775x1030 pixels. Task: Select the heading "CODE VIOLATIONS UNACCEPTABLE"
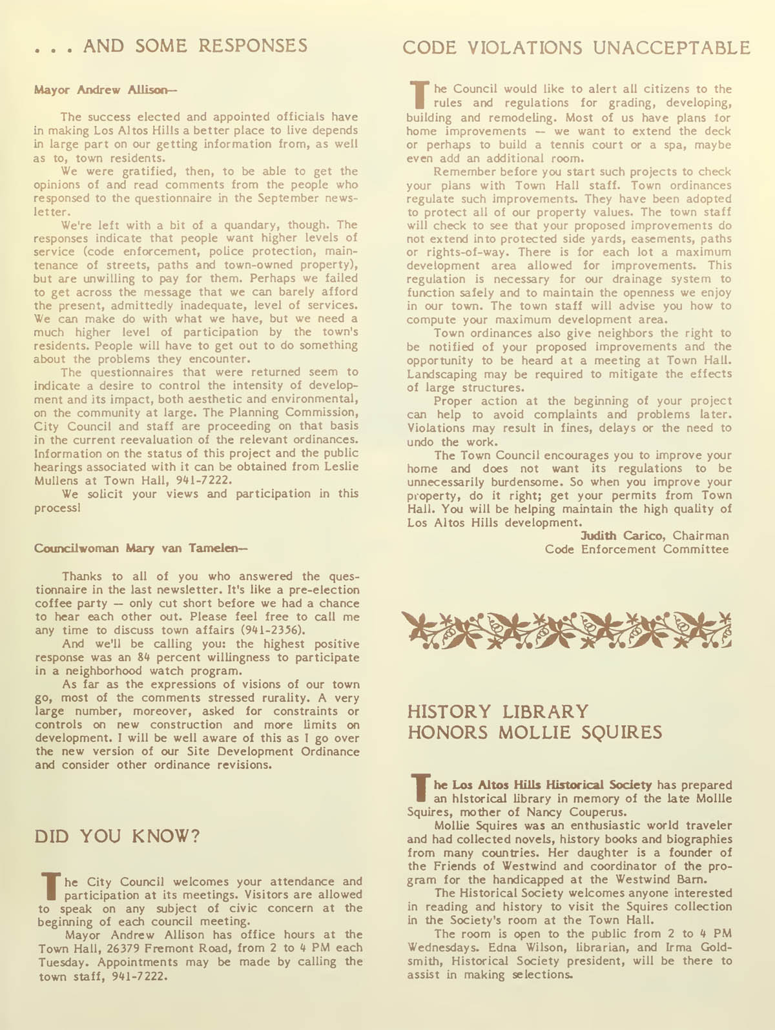(x=576, y=47)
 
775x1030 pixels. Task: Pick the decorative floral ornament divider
(x=567, y=629)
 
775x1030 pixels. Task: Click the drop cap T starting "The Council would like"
(x=418, y=94)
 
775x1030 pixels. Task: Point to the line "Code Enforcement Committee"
(x=636, y=550)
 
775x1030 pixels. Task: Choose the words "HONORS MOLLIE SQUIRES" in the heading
(x=535, y=732)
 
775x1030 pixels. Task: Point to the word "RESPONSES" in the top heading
(x=253, y=45)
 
